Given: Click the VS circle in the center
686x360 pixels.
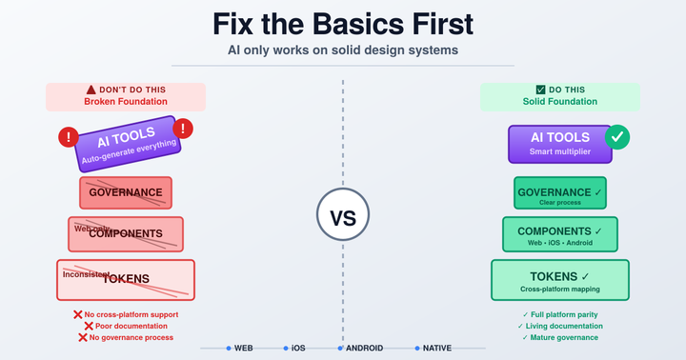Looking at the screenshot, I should pyautogui.click(x=342, y=217).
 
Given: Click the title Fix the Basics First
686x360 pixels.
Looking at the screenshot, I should pyautogui.click(x=343, y=24).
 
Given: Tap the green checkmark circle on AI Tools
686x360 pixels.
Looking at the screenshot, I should pyautogui.click(x=617, y=137).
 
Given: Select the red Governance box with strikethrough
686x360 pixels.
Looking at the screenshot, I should pyautogui.click(x=125, y=192).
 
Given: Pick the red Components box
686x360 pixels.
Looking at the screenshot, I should pyautogui.click(x=125, y=233).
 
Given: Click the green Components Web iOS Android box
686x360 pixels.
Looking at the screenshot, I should pyautogui.click(x=559, y=233).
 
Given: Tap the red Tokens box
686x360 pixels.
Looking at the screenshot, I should pyautogui.click(x=125, y=279).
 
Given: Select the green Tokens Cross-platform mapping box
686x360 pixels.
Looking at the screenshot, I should pyautogui.click(x=559, y=279).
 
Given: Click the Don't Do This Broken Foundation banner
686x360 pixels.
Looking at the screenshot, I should pyautogui.click(x=126, y=95).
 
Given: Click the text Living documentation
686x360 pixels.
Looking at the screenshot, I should pyautogui.click(x=564, y=326).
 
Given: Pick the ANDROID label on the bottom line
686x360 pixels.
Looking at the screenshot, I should pyautogui.click(x=364, y=349).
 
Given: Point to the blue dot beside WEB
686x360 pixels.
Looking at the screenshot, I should pyautogui.click(x=229, y=349).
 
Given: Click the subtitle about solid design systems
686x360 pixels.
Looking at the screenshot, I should pyautogui.click(x=343, y=50).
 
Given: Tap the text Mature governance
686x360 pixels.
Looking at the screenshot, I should pyautogui.click(x=564, y=337).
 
